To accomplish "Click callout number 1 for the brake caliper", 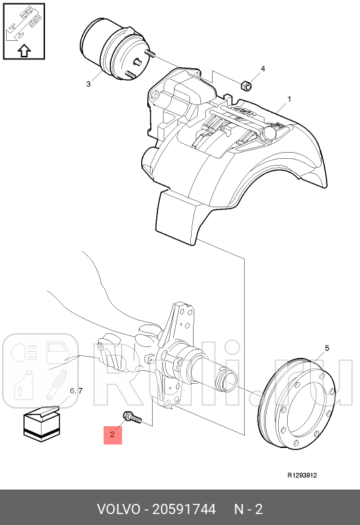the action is point(289,99).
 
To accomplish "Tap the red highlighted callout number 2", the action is point(112,434).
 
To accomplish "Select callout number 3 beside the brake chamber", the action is point(88,84).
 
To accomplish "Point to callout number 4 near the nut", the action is point(263,69).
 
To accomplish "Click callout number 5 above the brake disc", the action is point(327,348).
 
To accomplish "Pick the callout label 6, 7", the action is point(76,391).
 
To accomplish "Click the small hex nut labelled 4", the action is point(246,85).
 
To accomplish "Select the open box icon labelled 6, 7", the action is point(42,423).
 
